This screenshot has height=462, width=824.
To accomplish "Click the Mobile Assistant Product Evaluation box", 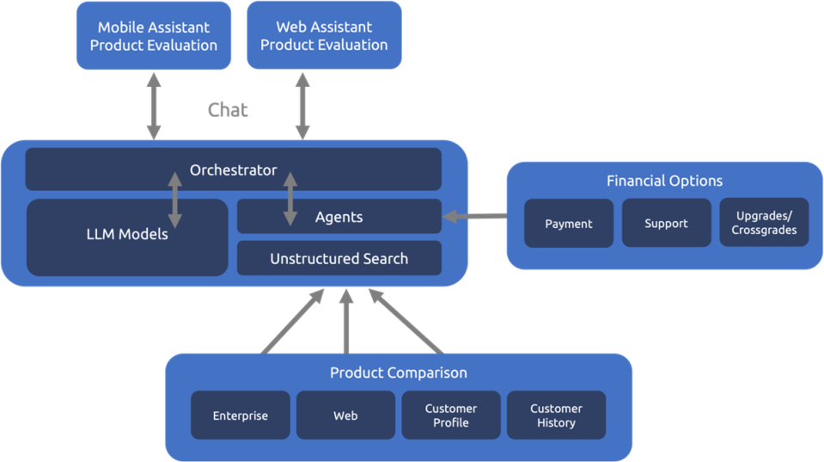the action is (154, 36).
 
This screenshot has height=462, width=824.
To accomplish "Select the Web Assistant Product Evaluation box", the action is (324, 35).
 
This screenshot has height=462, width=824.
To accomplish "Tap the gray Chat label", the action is (228, 109).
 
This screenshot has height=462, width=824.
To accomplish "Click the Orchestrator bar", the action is (234, 169).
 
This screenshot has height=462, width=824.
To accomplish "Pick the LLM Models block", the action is (127, 237).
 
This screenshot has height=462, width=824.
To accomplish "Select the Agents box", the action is (339, 216).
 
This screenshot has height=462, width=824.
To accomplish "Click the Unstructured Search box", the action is (339, 258).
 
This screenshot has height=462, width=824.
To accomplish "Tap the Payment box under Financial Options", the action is (569, 223).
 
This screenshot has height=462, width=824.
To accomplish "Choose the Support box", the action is (667, 223).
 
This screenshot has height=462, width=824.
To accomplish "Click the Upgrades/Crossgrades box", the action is (764, 222).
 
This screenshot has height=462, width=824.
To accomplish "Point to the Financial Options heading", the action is (664, 181).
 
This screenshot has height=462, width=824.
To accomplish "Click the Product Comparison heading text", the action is (399, 373).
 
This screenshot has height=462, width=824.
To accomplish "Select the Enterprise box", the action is (241, 416).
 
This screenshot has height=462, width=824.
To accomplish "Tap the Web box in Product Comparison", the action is (345, 416).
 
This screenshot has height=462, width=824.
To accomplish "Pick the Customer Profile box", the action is (451, 416).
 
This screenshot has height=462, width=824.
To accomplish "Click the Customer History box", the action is (556, 416).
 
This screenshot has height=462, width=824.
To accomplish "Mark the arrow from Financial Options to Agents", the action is (475, 216).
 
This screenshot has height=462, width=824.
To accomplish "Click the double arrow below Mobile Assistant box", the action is (154, 107).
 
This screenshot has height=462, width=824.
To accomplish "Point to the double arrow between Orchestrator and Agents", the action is (290, 199).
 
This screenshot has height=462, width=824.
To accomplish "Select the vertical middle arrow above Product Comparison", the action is (345, 322).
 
